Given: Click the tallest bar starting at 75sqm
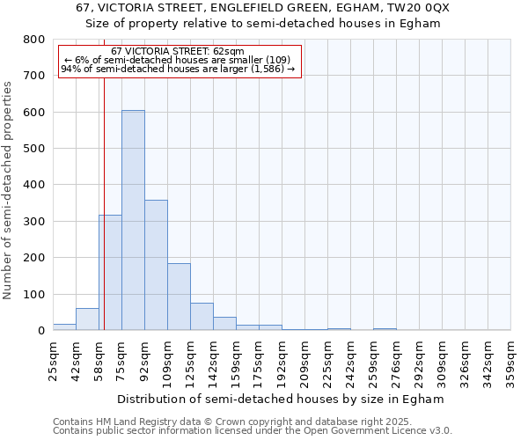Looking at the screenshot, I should click(x=133, y=220).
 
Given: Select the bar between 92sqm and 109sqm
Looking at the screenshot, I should click(x=156, y=265).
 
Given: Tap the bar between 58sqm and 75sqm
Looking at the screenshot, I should click(x=110, y=273).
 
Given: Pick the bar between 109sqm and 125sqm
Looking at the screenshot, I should click(x=179, y=297).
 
